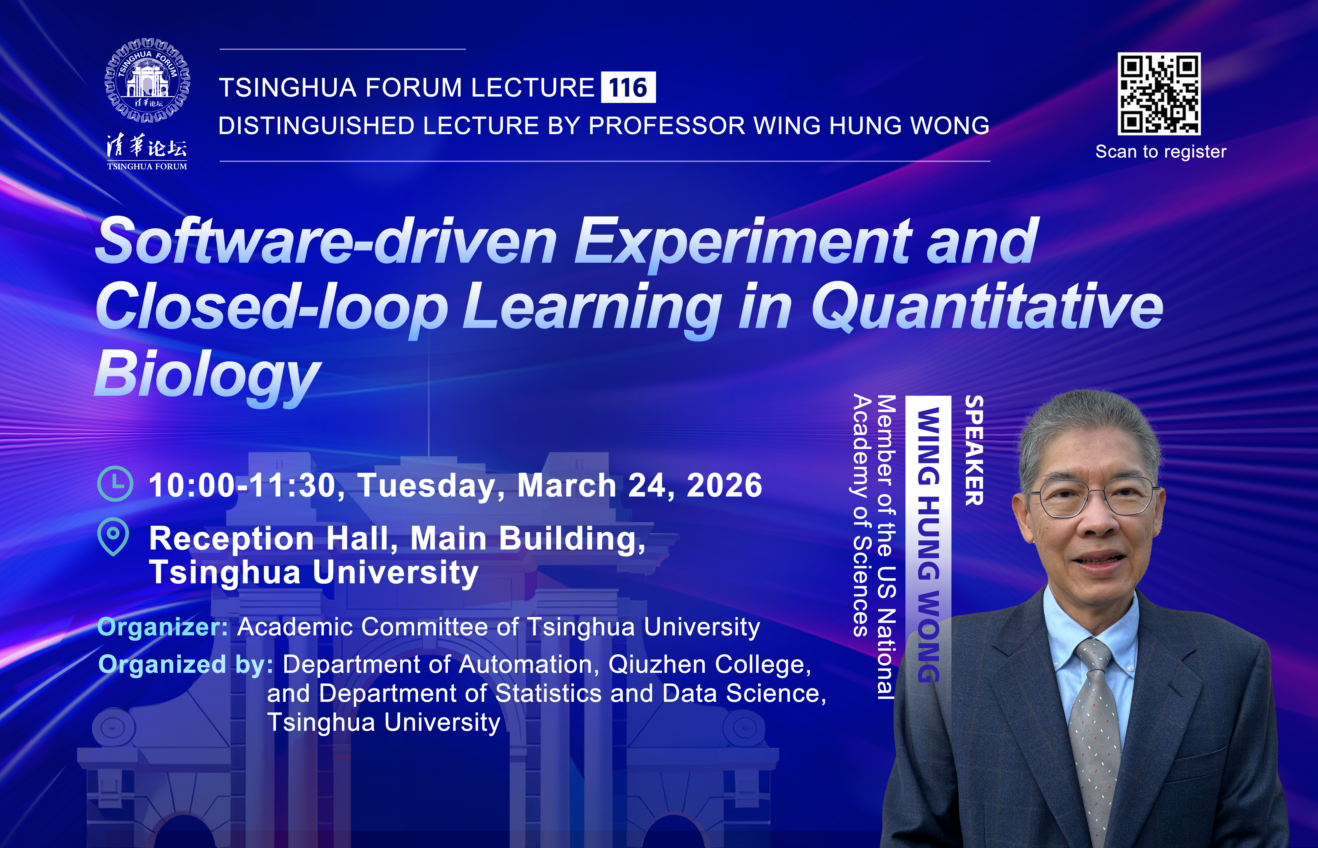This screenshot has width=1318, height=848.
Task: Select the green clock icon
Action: pyautogui.click(x=115, y=483)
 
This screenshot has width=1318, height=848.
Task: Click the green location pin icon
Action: pyautogui.click(x=113, y=536)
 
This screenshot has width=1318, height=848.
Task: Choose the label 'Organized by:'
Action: pyautogui.click(x=186, y=665)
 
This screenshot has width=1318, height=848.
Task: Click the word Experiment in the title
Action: pyautogui.click(x=742, y=242)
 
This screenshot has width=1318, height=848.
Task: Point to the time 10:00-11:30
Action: pyautogui.click(x=242, y=486)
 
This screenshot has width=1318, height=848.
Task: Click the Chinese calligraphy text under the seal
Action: pyautogui.click(x=147, y=147)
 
